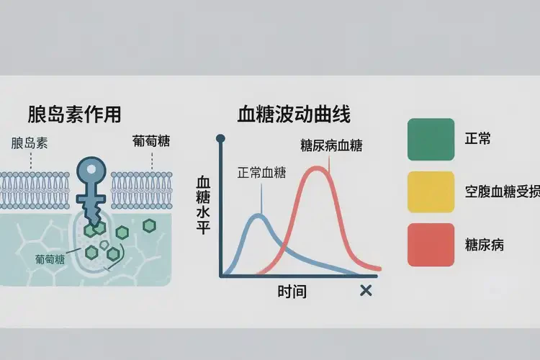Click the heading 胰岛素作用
[x=73, y=114]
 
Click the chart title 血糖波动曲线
[x=294, y=114]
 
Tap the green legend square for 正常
[x=431, y=138]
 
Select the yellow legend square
[x=431, y=192]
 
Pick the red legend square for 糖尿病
[x=431, y=244]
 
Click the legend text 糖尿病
[x=484, y=245]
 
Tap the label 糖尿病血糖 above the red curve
[x=331, y=145]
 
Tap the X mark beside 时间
[x=366, y=290]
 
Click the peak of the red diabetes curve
[x=318, y=168]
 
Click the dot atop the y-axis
[x=222, y=137]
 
